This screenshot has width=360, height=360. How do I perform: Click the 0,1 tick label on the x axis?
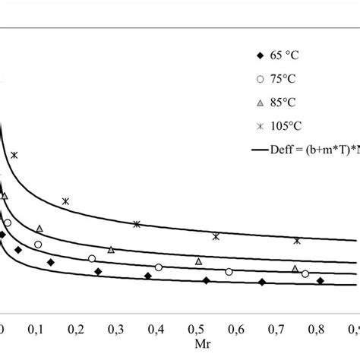(35, 329)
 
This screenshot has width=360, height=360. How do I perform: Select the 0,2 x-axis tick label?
(75, 329)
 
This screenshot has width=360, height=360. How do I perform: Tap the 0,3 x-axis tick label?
(115, 329)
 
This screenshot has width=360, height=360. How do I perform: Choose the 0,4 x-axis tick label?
(156, 329)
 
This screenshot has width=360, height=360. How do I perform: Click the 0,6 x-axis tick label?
(235, 329)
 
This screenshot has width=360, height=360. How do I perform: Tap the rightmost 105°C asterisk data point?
(297, 241)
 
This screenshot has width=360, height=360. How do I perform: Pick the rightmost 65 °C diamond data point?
(321, 281)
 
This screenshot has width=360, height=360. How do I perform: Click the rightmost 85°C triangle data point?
(295, 268)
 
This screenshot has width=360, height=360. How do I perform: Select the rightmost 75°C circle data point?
(305, 274)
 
